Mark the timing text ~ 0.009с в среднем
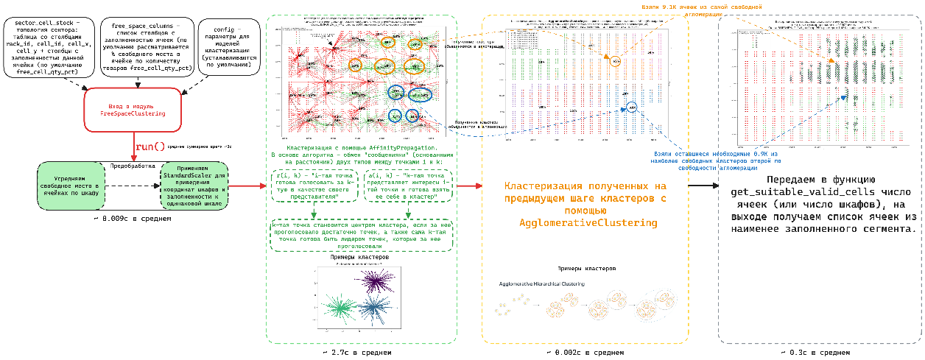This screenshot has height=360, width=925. click(133, 219)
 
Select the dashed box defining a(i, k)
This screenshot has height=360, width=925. click(406, 186)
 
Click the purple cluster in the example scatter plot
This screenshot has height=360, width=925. click(379, 282)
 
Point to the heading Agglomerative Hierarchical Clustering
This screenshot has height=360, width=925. click(541, 283)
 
